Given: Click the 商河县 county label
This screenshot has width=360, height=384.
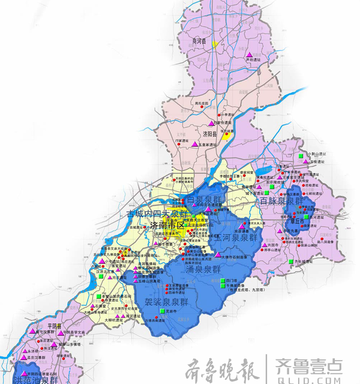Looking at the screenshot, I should [x=199, y=41].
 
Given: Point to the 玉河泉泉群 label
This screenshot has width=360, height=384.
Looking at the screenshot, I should [x=236, y=238].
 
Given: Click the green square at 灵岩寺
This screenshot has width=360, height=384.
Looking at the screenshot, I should [x=162, y=312].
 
